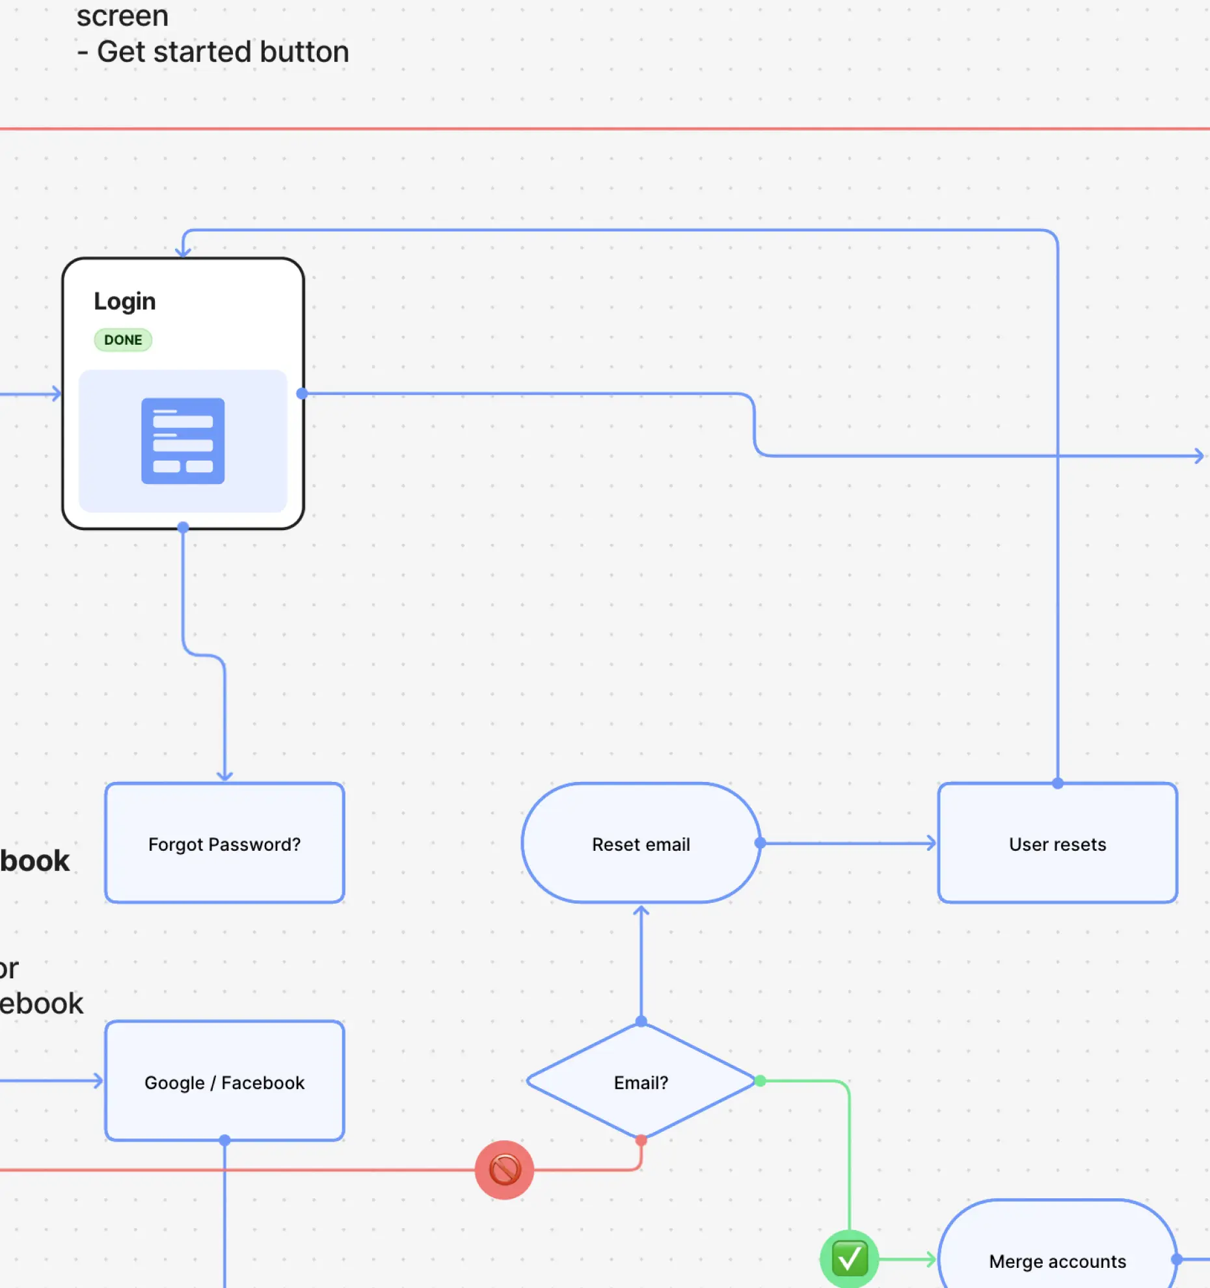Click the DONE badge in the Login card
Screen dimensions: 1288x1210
point(123,340)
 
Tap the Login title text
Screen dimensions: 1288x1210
point(125,301)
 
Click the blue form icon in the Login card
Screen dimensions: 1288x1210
point(183,441)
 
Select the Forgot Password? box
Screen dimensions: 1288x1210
point(224,843)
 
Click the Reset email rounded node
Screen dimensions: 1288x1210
point(641,843)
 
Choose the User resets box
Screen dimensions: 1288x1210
point(1057,843)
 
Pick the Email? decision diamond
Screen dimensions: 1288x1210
point(641,1082)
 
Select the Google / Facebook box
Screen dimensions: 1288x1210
point(224,1081)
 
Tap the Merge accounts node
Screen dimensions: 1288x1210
point(1057,1261)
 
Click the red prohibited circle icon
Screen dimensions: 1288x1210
point(504,1170)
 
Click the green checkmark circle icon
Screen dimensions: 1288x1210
point(849,1259)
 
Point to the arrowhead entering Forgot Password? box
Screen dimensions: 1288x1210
point(224,776)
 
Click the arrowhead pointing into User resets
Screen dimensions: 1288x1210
point(932,843)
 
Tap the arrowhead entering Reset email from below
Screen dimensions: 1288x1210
point(641,911)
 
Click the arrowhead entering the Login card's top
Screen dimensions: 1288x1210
point(183,252)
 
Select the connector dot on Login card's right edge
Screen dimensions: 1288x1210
point(302,394)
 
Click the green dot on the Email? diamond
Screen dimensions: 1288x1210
point(760,1081)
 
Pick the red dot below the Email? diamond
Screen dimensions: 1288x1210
point(641,1140)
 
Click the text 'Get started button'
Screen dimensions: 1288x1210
point(223,52)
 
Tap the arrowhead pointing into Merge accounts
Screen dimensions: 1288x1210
point(932,1260)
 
